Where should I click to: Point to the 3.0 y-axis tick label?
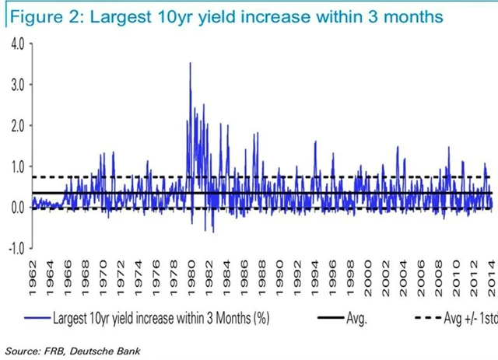(15, 83)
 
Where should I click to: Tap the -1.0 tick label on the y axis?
(13, 248)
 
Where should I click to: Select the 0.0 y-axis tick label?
(15, 207)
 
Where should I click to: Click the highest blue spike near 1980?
(191, 64)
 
